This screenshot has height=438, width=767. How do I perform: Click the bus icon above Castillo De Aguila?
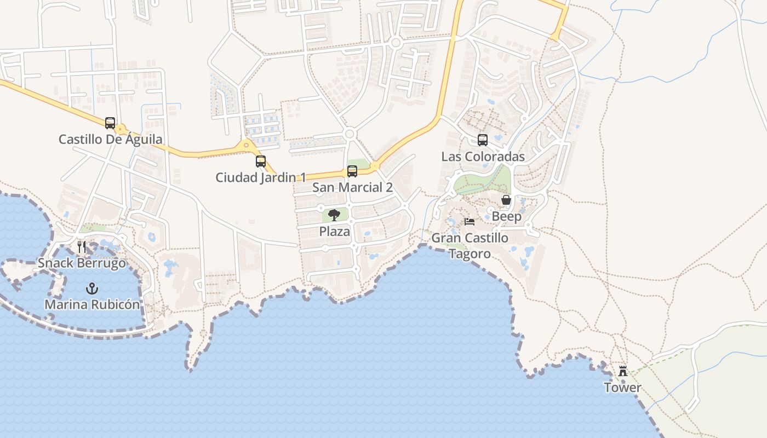[x=110, y=123]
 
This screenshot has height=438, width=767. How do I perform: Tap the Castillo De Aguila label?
[x=110, y=139]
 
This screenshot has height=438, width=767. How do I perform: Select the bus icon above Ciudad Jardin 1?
[x=261, y=162]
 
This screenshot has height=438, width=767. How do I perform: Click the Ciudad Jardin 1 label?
[x=261, y=177]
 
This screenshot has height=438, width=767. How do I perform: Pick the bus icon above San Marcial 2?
[x=352, y=171]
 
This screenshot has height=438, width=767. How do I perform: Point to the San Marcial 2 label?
[x=352, y=187]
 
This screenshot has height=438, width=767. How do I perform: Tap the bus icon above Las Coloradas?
[x=483, y=140]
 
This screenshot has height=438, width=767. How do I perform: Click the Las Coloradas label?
[x=483, y=157]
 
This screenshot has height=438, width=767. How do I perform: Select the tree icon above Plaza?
[x=334, y=215]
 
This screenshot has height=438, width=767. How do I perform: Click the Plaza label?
[x=334, y=232]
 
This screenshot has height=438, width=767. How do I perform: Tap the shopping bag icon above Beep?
[x=506, y=200]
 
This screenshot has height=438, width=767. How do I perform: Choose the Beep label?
[x=506, y=216]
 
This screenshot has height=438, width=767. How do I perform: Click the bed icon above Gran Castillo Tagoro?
[x=470, y=222]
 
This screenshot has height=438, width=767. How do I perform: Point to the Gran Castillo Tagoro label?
[x=470, y=246]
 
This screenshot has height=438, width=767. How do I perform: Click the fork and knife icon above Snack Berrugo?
[x=82, y=247]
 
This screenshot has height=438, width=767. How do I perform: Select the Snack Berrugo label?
[x=82, y=263]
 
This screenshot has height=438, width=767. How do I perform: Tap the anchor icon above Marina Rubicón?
[x=92, y=288]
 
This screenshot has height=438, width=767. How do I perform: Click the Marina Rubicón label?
[x=92, y=304]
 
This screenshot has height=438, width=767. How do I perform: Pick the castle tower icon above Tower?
[x=623, y=371]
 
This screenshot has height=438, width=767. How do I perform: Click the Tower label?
[x=622, y=388]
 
